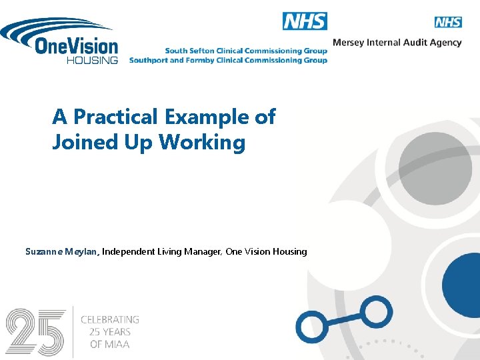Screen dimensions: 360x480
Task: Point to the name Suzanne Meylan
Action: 62,252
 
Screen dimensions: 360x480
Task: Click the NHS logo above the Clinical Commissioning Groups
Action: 305,21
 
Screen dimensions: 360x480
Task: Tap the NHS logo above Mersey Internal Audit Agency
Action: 448,22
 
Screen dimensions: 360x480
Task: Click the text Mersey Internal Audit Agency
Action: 397,43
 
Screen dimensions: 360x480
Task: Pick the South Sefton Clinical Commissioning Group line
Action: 246,51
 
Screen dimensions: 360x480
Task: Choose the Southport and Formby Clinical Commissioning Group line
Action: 228,60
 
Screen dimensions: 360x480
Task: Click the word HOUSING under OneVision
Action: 92,60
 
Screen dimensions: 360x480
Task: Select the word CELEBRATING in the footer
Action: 110,320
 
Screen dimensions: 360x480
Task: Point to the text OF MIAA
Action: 110,344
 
